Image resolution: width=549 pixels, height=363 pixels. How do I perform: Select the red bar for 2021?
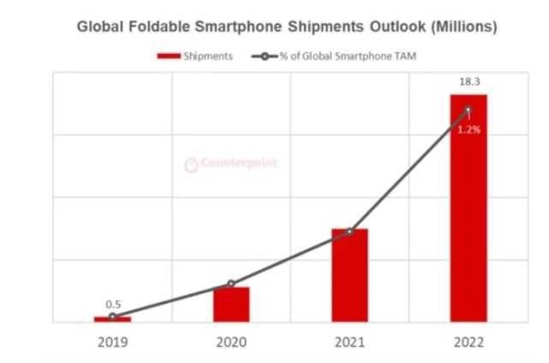(x=349, y=276)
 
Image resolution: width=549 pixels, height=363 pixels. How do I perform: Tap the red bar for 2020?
(x=231, y=305)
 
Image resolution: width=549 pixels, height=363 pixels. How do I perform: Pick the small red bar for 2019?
(x=112, y=319)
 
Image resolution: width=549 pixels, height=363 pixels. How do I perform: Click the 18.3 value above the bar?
(x=468, y=80)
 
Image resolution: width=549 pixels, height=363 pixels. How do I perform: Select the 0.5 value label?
(x=113, y=304)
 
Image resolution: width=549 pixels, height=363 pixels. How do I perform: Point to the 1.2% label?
(x=468, y=130)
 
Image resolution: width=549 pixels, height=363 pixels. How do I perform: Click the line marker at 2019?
(x=112, y=317)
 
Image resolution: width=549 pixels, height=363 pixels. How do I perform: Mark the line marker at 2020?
(x=231, y=283)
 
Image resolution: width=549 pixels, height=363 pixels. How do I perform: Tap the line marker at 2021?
(x=349, y=231)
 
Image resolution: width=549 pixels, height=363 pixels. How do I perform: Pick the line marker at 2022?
(x=468, y=110)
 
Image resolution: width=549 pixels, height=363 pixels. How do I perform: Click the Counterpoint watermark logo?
(x=232, y=163)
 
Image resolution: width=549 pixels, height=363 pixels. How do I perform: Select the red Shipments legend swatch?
(x=167, y=57)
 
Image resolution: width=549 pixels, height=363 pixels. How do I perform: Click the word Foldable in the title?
(x=158, y=27)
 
